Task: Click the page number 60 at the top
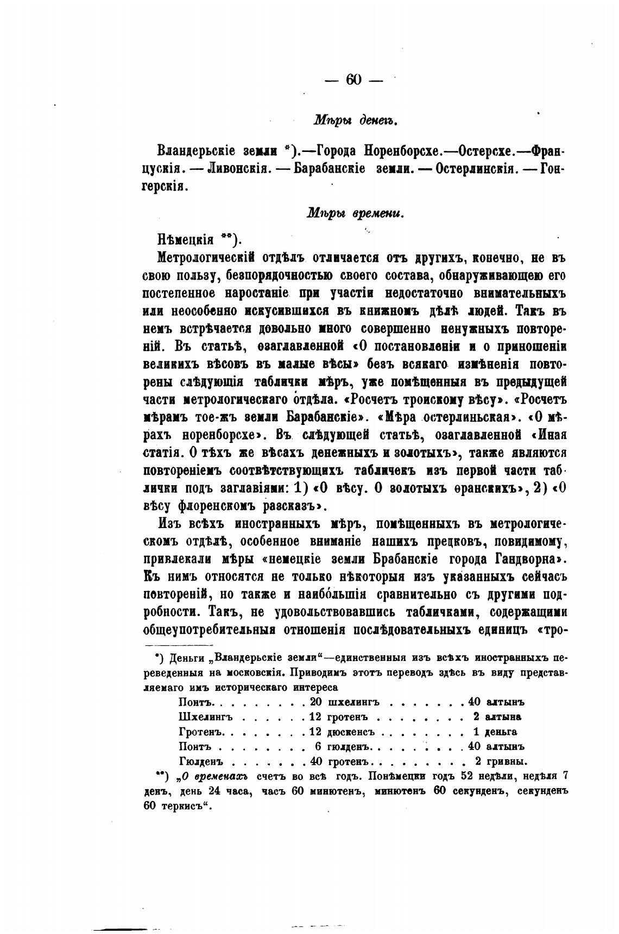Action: [353, 79]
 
